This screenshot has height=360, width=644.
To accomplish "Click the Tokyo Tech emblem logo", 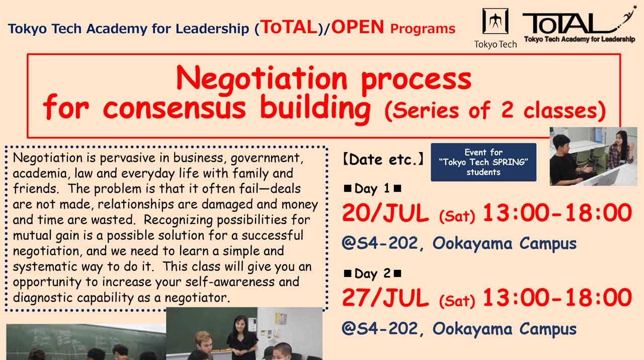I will pyautogui.click(x=495, y=22).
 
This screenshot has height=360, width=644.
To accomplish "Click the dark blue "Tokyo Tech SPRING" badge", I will pyautogui.click(x=483, y=162).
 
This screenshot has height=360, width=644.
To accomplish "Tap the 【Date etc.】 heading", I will pyautogui.click(x=383, y=160).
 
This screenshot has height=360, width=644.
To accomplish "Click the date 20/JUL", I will pyautogui.click(x=385, y=213).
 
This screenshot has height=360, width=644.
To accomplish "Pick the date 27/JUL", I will pyautogui.click(x=385, y=298).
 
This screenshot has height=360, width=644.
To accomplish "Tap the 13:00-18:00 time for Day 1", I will pyautogui.click(x=556, y=213).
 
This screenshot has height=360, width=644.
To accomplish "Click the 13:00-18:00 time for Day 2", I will pyautogui.click(x=556, y=298).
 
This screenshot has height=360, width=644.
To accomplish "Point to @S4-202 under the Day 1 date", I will pyautogui.click(x=380, y=244).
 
